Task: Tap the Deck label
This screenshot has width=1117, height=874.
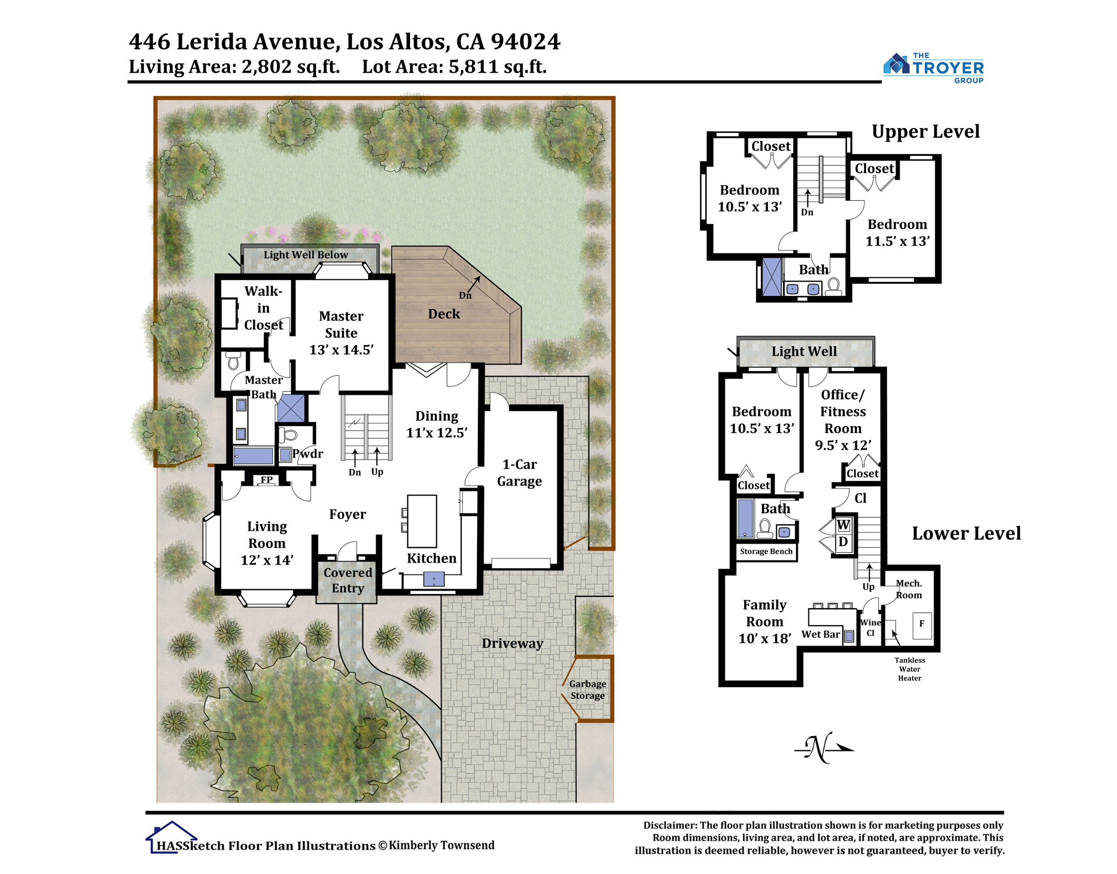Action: pos(444,314)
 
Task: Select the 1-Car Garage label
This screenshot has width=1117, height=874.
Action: pos(519,472)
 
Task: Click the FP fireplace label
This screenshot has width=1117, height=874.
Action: pos(267,480)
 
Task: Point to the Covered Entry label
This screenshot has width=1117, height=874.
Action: pos(348,580)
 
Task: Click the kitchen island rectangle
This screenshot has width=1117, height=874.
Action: pos(422,521)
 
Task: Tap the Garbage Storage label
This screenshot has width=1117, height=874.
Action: pos(588,689)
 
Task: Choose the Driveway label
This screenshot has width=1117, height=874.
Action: pos(512,643)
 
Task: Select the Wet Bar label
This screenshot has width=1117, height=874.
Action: pos(821,634)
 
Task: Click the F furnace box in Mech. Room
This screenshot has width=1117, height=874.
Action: pos(922,625)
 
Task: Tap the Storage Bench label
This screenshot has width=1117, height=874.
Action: pos(766,551)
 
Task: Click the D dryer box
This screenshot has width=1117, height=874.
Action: pos(843,542)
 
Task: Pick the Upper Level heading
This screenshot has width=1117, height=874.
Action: pos(926,131)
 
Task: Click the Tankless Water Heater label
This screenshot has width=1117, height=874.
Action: pos(909,669)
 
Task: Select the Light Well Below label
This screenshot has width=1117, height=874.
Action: pos(305,254)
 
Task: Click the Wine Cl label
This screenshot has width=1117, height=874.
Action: pos(870,627)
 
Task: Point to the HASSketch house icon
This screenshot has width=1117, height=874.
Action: pos(171,837)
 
